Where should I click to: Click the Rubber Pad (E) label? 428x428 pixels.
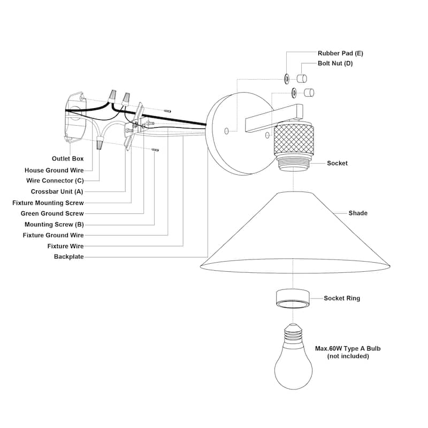tap(340, 53)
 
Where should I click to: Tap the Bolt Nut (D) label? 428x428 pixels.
tap(335, 63)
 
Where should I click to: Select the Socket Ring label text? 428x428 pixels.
tap(342, 298)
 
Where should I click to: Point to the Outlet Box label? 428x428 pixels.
tap(68, 158)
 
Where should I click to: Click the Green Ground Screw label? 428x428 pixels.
tap(52, 213)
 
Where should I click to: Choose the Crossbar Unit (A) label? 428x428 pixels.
tap(57, 192)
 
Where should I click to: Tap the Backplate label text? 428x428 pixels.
tap(69, 257)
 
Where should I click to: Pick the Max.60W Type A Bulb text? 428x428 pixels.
tap(348, 349)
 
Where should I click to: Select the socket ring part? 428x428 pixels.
tap(293, 299)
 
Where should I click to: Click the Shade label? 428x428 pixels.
tap(358, 213)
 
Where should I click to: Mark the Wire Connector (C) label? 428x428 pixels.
tap(55, 181)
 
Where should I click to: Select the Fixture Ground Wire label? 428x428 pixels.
tap(53, 235)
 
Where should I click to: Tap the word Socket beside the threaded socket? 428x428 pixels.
tap(337, 163)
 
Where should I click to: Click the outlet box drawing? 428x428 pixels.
tap(75, 117)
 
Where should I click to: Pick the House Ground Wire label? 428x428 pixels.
tap(54, 170)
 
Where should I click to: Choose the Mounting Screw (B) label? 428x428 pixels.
tap(54, 225)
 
